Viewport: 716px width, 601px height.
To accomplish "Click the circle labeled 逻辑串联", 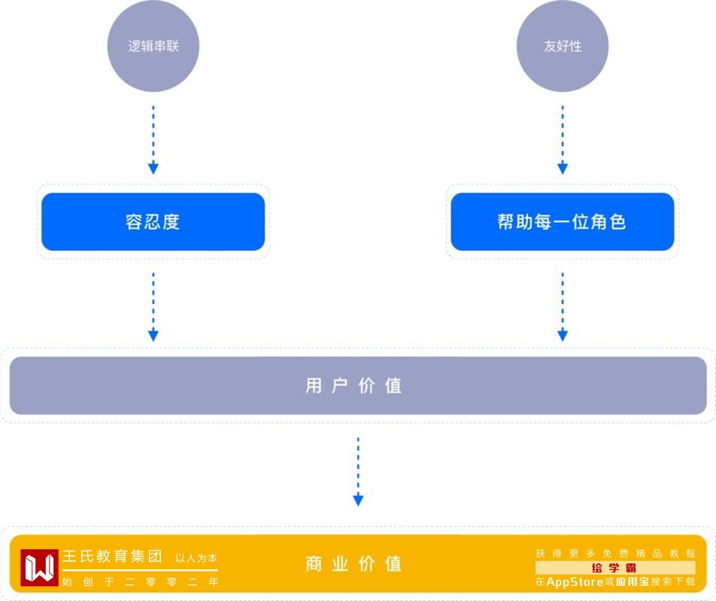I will [x=153, y=46].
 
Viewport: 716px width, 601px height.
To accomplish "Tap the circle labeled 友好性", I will [x=562, y=46].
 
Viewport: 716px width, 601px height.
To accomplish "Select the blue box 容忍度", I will [x=153, y=222].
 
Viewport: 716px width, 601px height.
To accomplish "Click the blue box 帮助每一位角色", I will [x=562, y=222].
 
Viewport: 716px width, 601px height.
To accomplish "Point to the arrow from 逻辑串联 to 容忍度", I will [x=153, y=140].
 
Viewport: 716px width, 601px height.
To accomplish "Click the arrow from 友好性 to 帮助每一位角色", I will [x=562, y=140].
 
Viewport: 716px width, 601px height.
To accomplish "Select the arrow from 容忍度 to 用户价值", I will [x=153, y=307].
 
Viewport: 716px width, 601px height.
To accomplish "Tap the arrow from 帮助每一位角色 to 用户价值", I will [x=562, y=307].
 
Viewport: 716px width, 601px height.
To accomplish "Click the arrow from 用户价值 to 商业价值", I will [x=358, y=471].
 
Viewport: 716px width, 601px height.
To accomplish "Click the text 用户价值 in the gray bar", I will [x=354, y=386].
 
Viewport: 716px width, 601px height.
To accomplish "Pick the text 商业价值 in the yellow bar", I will [x=354, y=563].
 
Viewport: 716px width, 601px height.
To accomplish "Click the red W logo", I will [x=39, y=567].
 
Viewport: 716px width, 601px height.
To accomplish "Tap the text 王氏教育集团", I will [x=112, y=557].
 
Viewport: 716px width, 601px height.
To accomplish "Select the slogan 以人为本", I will [x=196, y=558].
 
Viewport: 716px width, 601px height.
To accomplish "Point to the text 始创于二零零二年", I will [x=140, y=581].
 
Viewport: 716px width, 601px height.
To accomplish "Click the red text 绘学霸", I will [x=614, y=568].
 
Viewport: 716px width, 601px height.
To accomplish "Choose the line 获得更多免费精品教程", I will [x=615, y=554].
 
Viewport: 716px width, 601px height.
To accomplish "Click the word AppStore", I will [x=575, y=582].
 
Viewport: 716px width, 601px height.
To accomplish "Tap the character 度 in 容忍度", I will [x=171, y=222].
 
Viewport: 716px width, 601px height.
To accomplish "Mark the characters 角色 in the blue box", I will [x=608, y=222].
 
